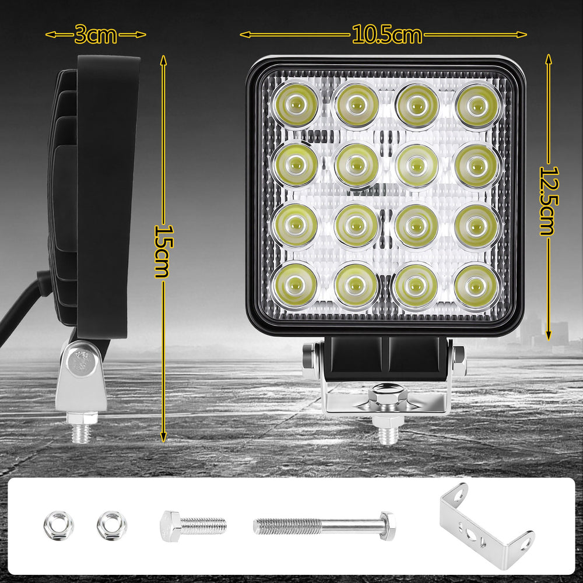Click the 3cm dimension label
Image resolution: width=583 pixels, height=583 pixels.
click(x=96, y=34)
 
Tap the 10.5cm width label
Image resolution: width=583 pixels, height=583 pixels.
click(x=387, y=34)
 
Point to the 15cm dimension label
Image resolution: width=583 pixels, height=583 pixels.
click(x=164, y=251)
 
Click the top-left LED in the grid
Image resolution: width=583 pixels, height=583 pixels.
click(x=296, y=105)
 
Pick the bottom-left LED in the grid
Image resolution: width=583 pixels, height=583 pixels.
click(x=295, y=285)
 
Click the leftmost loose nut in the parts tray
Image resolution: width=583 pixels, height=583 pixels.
click(x=58, y=525)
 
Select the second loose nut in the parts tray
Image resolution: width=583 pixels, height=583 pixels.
click(x=111, y=525)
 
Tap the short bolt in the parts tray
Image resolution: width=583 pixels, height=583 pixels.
click(x=193, y=526)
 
